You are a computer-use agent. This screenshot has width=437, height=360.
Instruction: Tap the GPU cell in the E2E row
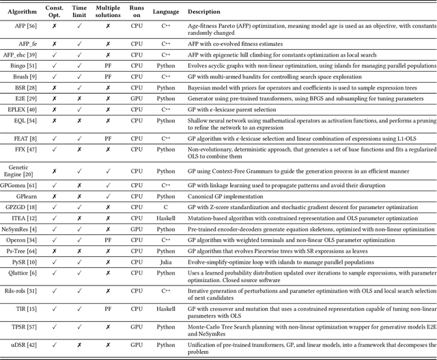click(x=137, y=98)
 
